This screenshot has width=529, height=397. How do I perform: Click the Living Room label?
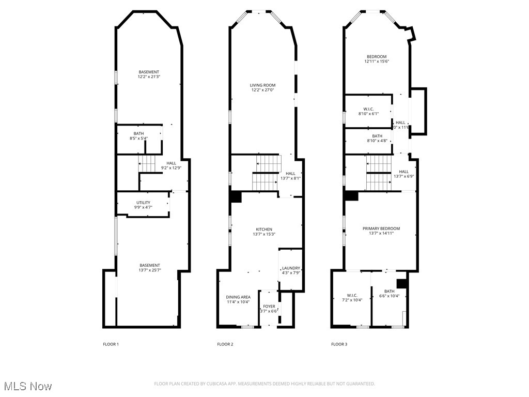262,85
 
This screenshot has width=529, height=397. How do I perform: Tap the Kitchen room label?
263,230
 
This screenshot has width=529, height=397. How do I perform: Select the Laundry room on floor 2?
291,268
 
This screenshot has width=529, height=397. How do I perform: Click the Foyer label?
269,307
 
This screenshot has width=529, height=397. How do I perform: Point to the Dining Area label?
238,297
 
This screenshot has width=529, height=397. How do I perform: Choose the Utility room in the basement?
143,203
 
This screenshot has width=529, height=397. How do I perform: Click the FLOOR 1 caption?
111,344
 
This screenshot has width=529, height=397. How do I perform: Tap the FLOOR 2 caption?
225,344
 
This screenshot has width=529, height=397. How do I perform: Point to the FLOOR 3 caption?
339,344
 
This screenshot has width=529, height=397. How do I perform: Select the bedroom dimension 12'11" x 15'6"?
377,62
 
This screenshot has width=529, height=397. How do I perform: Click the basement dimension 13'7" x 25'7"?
149,270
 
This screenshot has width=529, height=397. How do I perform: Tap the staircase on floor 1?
147,165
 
